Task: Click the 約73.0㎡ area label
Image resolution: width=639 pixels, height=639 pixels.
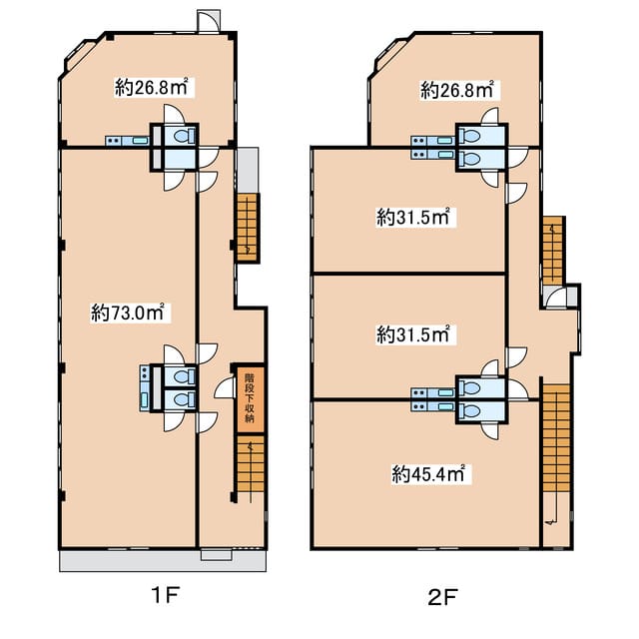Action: pos(127,313)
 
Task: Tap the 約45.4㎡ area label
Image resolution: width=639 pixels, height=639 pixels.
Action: pos(428,474)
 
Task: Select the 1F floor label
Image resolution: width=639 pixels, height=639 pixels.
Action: pos(165,597)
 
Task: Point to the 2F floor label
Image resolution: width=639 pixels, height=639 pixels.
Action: pos(443,598)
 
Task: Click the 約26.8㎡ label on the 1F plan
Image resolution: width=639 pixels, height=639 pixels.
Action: pos(151,87)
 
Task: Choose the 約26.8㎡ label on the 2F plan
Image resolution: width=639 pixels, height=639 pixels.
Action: pos(457,90)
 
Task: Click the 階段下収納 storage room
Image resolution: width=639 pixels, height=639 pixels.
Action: pos(250,399)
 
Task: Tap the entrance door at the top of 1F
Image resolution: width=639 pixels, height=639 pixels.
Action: pos(209,21)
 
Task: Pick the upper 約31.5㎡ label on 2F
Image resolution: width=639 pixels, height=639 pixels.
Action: pos(412,218)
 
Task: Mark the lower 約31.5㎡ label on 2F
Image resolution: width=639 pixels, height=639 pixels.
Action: pos(412,334)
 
